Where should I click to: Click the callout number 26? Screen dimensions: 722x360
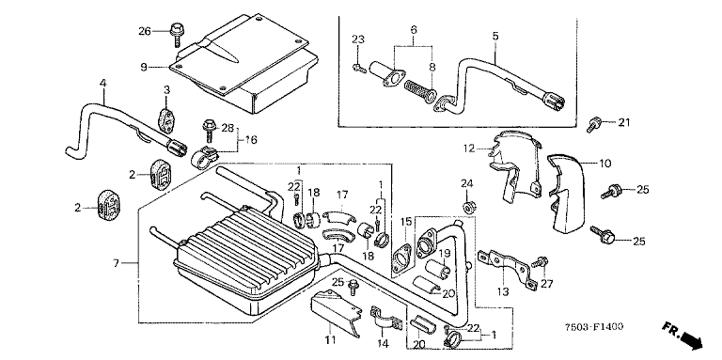pyautogui.click(x=145, y=31)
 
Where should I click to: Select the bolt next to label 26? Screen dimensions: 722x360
pyautogui.click(x=176, y=34)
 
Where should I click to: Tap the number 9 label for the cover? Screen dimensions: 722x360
pyautogui.click(x=143, y=68)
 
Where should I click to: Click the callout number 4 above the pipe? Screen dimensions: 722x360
pyautogui.click(x=103, y=84)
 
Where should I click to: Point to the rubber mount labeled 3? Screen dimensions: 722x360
pyautogui.click(x=166, y=118)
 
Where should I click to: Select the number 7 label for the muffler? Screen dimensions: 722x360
pyautogui.click(x=116, y=263)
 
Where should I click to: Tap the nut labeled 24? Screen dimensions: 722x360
pyautogui.click(x=467, y=208)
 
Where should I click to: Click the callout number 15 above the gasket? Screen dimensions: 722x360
pyautogui.click(x=405, y=222)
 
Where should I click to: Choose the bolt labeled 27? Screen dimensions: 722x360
pyautogui.click(x=540, y=263)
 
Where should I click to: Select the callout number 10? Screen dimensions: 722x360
pyautogui.click(x=605, y=163)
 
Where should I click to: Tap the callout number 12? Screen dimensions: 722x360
pyautogui.click(x=469, y=148)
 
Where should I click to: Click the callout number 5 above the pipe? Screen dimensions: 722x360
pyautogui.click(x=495, y=36)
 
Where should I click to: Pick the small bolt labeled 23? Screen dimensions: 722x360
pyautogui.click(x=359, y=69)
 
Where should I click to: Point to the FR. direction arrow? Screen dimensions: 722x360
pyautogui.click(x=683, y=335)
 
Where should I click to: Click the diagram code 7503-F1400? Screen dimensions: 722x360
pyautogui.click(x=594, y=327)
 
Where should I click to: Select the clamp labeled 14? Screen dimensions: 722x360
pyautogui.click(x=383, y=318)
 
